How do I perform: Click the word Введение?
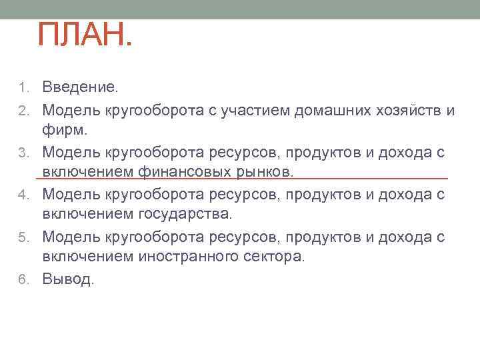point(80,87)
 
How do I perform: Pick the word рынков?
point(260,173)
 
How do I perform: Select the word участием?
point(253,110)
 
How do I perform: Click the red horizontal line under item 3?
point(240,179)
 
